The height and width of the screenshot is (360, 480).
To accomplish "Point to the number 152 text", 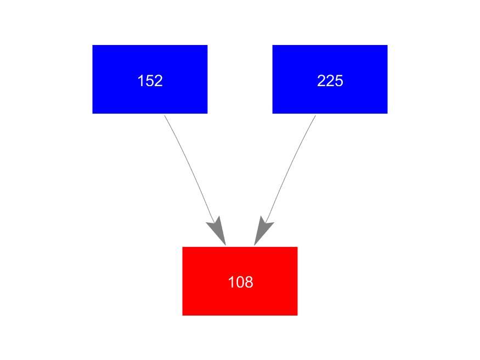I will click(x=150, y=81).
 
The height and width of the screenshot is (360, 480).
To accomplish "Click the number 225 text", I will click(x=330, y=81).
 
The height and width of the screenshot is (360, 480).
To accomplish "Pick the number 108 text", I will click(x=240, y=282).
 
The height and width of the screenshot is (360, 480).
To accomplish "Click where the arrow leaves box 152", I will click(x=165, y=115).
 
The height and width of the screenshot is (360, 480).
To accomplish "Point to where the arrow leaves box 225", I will click(x=315, y=115).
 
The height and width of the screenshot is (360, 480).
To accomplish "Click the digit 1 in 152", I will click(x=141, y=81).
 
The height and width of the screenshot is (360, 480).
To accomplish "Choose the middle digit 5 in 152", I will click(x=150, y=81).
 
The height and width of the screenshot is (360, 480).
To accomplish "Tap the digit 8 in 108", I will click(x=249, y=282).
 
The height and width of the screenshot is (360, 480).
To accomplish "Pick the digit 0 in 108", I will click(x=240, y=282).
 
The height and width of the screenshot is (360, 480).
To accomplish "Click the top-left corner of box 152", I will click(x=93, y=46).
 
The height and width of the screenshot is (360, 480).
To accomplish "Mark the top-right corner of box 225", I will click(x=387, y=46).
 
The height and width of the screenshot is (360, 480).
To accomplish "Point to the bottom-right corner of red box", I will click(x=297, y=314).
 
